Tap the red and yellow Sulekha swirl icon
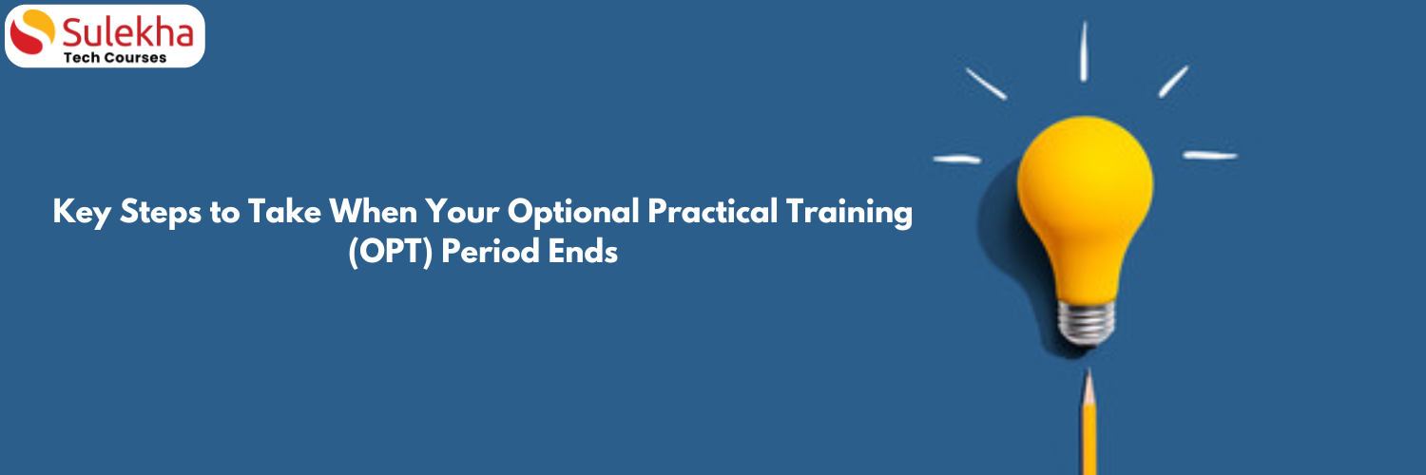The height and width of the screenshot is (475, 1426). point(32,31)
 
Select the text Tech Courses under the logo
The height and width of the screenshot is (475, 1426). point(115,58)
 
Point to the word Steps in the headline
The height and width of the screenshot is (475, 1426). point(161,213)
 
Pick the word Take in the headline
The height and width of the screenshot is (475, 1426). point(284,211)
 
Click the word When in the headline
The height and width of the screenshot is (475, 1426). point(373,211)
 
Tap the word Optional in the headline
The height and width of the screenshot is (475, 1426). point(573,213)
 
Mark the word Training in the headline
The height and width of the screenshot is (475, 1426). point(849,213)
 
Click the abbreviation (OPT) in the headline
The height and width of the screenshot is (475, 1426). point(390,251)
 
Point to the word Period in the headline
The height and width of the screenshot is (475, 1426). point(491,251)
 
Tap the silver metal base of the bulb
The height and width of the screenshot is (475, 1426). point(1086,322)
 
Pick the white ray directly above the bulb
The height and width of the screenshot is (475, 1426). point(1084,51)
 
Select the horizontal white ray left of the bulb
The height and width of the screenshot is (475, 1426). point(956,159)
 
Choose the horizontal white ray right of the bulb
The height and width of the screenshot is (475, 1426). point(1210,155)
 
